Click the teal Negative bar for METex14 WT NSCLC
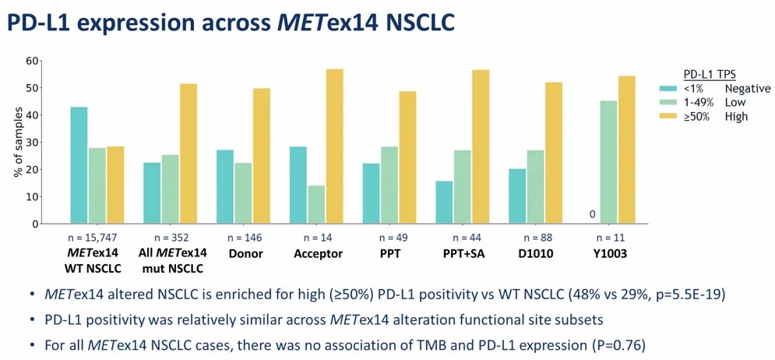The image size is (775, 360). pyautogui.click(x=79, y=165)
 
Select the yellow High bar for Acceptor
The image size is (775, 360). pyautogui.click(x=335, y=146)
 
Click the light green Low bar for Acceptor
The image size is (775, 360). pyautogui.click(x=316, y=205)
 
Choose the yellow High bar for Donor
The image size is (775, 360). pyautogui.click(x=262, y=156)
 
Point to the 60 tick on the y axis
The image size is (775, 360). pyautogui.click(x=32, y=61)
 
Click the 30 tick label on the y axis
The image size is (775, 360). pyautogui.click(x=32, y=143)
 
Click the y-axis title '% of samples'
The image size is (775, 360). pyautogui.click(x=18, y=143)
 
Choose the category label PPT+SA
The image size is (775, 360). pyautogui.click(x=463, y=254)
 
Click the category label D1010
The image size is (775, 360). pyautogui.click(x=536, y=254)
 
